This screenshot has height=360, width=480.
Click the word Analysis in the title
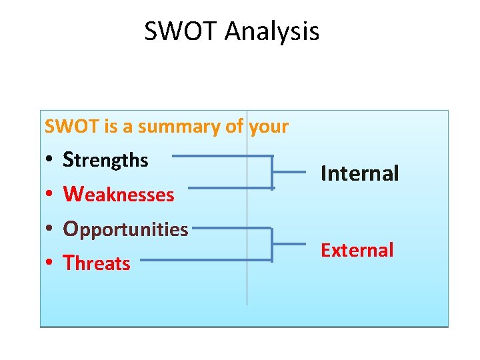click(272, 31)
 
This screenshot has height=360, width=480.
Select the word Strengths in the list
click(105, 160)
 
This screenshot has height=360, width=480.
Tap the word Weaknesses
click(118, 195)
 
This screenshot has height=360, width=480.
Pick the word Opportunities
click(125, 229)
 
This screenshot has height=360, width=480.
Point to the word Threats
click(97, 263)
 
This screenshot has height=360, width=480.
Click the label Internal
click(359, 174)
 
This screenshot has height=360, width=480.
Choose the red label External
click(357, 250)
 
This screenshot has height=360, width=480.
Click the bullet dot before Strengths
click(50, 161)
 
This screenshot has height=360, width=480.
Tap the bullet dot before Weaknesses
click(50, 195)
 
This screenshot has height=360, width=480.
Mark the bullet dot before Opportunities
click(50, 230)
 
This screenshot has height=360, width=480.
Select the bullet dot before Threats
click(50, 264)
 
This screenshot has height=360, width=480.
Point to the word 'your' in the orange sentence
click(269, 126)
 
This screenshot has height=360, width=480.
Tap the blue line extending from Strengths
click(220, 157)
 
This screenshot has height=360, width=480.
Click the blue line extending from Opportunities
click(230, 229)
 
